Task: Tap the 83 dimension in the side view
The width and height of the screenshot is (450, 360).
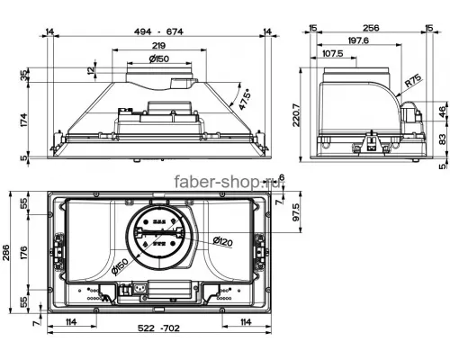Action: point(442,139)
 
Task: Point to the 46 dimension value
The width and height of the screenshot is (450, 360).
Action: point(442,111)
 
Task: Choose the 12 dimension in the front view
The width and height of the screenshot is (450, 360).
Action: point(90,70)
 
